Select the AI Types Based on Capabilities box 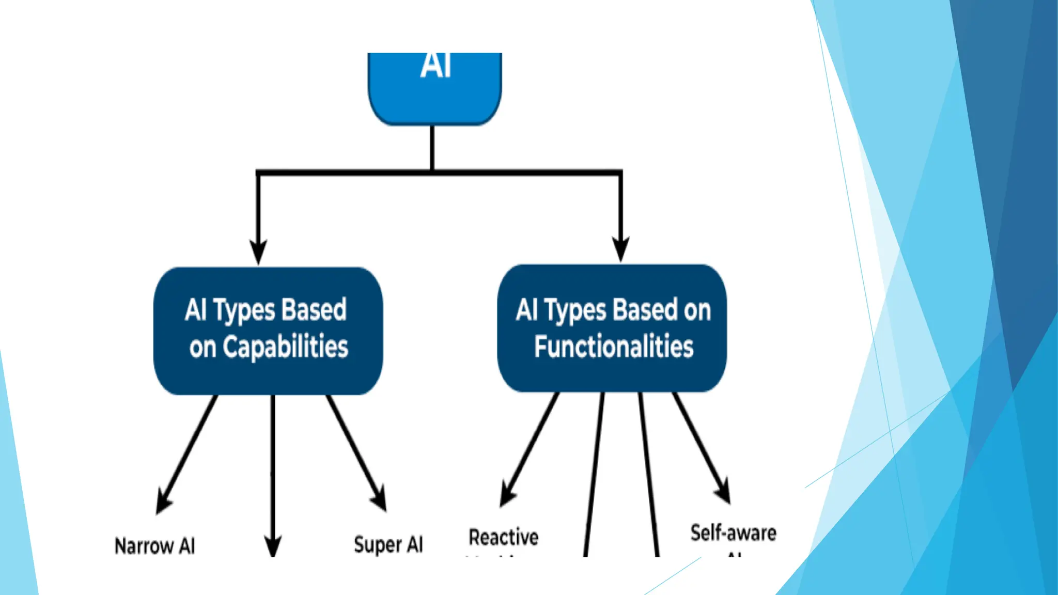tap(268, 331)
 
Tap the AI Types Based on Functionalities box tap(612, 328)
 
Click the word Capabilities tap(285, 347)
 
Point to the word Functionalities tap(614, 346)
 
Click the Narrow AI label tap(154, 546)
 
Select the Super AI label tap(388, 544)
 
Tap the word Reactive tap(503, 537)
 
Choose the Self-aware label tap(733, 533)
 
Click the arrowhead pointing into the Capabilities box tap(258, 252)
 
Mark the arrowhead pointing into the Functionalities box tap(620, 249)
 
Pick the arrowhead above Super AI tap(380, 499)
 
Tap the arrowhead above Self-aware tap(723, 491)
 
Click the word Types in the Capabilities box tap(244, 310)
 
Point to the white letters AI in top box tap(435, 66)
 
